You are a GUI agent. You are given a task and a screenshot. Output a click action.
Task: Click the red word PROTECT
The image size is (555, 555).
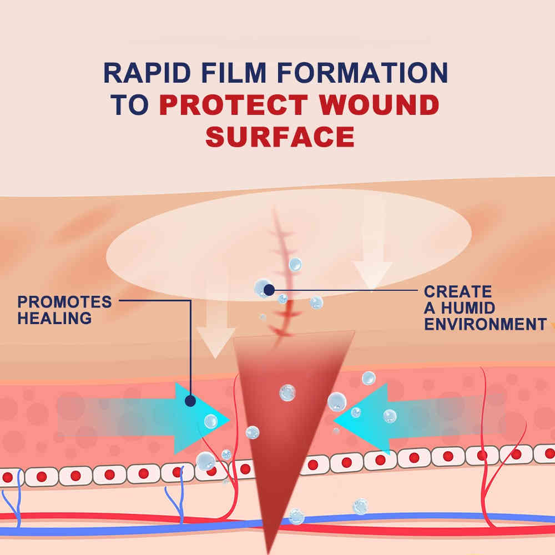[234, 105]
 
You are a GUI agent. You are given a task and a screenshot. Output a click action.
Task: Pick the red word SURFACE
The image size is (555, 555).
[280, 137]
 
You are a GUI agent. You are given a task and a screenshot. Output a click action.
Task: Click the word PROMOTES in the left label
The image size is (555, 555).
[64, 302]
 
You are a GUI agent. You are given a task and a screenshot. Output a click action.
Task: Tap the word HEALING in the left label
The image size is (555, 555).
[54, 318]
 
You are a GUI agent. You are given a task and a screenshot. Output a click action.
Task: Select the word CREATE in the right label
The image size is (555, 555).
[458, 292]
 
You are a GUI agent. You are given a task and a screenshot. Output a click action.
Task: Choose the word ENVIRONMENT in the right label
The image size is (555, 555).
[485, 324]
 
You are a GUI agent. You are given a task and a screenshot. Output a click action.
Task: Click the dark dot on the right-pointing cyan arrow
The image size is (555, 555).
[190, 401]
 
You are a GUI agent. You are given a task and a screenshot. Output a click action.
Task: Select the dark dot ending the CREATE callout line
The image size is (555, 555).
[269, 290]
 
